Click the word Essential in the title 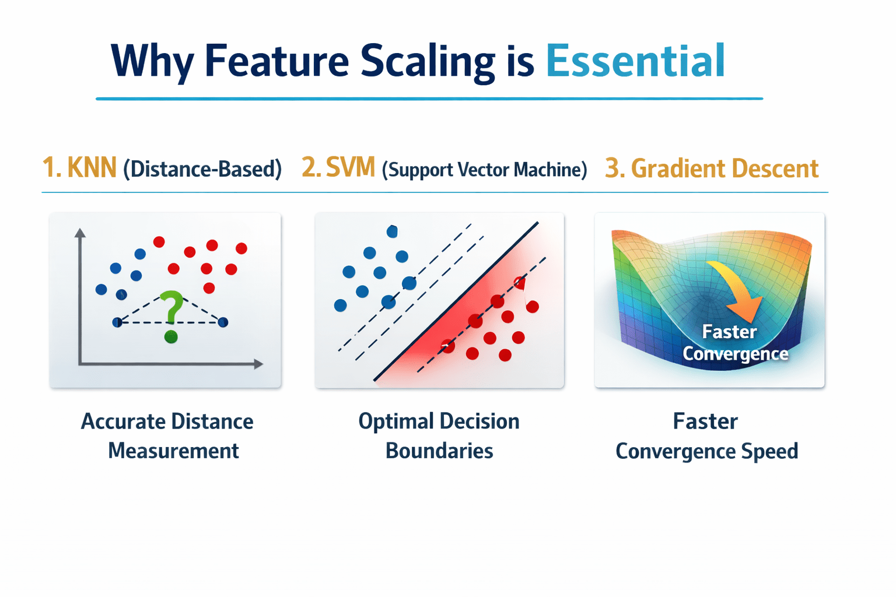click(x=635, y=61)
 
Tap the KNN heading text click(x=92, y=168)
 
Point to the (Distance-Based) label click(x=202, y=169)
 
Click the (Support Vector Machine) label click(x=484, y=170)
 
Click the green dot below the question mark click(x=171, y=337)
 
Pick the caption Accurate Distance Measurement click(x=168, y=436)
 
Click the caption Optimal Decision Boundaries click(x=439, y=436)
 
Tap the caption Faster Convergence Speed click(x=706, y=436)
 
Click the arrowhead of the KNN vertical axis click(x=80, y=233)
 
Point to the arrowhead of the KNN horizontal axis click(x=258, y=364)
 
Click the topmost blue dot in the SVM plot click(x=392, y=231)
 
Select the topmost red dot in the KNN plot click(x=159, y=241)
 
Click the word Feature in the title click(x=276, y=61)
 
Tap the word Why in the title click(x=153, y=62)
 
